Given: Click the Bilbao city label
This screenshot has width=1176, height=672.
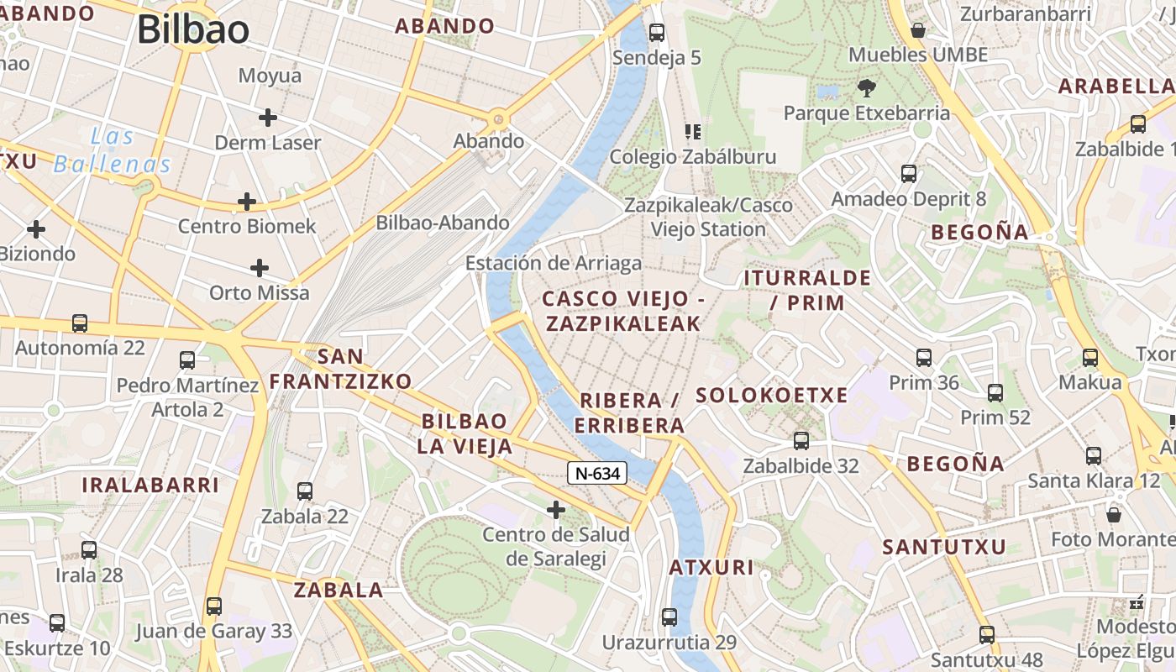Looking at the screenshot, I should click(193, 30).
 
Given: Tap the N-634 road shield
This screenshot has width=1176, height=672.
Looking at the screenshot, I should click(597, 473).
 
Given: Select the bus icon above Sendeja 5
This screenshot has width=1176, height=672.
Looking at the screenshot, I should click(657, 33).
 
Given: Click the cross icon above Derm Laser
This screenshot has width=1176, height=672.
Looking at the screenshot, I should click(268, 118).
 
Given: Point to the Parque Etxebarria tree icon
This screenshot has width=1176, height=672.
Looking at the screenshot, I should click(866, 87).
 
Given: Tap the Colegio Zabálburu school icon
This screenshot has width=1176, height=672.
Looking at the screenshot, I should click(693, 132).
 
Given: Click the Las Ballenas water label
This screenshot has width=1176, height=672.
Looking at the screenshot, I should click(113, 150).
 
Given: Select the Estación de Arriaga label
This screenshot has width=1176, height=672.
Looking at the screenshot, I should click(554, 263).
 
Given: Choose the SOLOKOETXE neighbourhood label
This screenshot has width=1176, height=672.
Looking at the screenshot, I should click(772, 395).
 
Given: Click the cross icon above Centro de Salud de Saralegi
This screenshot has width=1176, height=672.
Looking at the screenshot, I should click(556, 510).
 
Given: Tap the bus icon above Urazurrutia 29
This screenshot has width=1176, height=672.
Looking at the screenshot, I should click(669, 617).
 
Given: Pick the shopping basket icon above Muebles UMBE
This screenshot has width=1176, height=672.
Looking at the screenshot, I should click(918, 30).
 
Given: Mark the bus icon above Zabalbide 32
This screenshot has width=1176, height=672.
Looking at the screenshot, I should click(801, 441).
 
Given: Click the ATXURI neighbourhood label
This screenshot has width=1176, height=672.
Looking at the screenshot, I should click(711, 567).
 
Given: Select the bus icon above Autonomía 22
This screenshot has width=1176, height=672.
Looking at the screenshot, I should click(80, 323).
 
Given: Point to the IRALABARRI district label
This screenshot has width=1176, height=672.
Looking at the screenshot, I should click(150, 485).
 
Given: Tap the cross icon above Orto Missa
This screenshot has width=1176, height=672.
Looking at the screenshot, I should click(260, 268).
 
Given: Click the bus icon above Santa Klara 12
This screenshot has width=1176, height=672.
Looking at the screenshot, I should click(1094, 456).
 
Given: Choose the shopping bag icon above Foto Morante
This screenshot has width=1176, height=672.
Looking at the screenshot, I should click(1114, 514).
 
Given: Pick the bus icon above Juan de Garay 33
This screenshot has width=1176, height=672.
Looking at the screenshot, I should click(214, 606).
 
